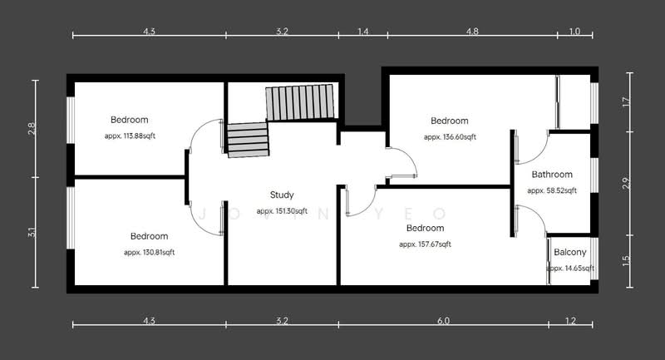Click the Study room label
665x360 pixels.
coord(282,195)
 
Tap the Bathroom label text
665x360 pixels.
coord(552,175)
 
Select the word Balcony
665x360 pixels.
coord(569,253)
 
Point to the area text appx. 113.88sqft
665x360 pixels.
coord(131,136)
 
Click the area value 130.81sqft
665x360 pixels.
coord(149,252)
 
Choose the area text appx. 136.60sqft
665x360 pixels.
coord(449,136)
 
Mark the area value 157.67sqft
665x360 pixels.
coord(425,244)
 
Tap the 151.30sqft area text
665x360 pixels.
coord(282,211)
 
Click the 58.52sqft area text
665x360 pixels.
coord(552,190)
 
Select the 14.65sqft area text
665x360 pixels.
coord(570,269)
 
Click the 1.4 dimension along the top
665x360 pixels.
coord(362,32)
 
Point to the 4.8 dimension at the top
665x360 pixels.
coord(471,32)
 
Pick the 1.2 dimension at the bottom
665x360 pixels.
coord(570,320)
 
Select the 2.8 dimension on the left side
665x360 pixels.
coord(32,129)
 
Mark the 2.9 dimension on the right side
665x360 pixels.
coord(626,182)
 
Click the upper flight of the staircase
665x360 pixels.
coord(298,102)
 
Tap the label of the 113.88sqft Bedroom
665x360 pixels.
coord(131,120)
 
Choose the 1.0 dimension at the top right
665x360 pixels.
coord(574,32)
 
